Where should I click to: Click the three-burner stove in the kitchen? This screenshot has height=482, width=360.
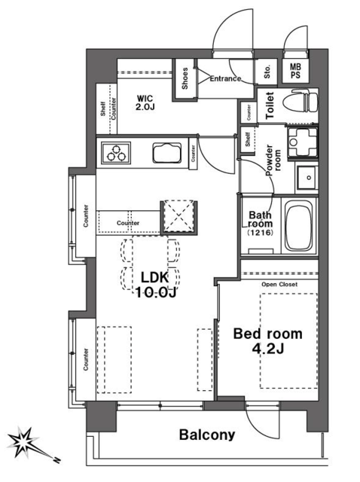(116, 153)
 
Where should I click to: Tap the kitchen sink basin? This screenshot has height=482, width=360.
(166, 153)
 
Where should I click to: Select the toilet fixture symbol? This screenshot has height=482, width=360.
(300, 101)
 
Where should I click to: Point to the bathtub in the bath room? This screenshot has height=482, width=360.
(299, 226)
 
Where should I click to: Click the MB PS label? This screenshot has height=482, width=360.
(295, 71)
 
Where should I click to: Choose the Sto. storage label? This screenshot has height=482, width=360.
(267, 72)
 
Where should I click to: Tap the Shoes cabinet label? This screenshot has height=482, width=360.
(185, 78)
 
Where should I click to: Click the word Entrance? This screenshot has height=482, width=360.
(225, 78)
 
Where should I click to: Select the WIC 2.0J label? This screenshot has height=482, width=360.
(145, 102)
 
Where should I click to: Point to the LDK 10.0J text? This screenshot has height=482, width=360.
(155, 285)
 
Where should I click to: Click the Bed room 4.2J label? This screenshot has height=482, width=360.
(268, 341)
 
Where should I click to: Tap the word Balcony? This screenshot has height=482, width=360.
(207, 435)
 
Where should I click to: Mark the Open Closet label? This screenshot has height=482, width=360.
(279, 285)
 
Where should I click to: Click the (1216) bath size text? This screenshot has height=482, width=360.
(260, 233)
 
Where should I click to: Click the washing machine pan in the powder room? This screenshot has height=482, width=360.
(303, 142)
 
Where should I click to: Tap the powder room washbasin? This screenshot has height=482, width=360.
(307, 178)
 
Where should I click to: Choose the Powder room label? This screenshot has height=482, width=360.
(273, 160)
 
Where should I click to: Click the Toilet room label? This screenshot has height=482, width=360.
(270, 105)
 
